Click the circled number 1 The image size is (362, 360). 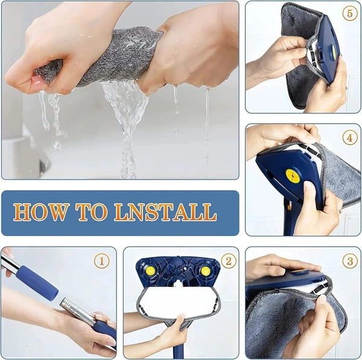103,261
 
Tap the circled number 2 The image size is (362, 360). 227,261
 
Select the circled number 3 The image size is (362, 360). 349,261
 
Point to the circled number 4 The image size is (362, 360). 349,137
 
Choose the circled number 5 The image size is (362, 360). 349,13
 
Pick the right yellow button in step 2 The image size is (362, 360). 205,271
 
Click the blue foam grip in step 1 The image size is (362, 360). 38,282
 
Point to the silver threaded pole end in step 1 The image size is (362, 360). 75,311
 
